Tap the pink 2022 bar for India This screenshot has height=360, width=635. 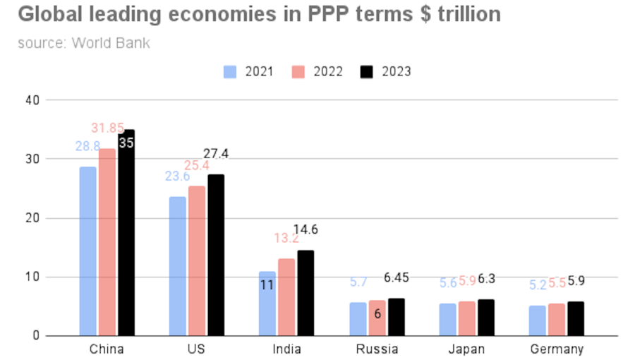(x=286, y=296)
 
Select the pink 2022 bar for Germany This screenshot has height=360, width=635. (x=557, y=319)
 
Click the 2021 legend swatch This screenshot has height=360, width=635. (x=230, y=71)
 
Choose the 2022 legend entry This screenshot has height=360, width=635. (x=318, y=71)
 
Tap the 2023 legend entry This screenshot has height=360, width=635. (x=386, y=71)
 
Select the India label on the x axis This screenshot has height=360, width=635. (x=286, y=349)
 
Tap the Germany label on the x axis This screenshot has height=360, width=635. (x=557, y=349)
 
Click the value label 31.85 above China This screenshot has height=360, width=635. (x=107, y=128)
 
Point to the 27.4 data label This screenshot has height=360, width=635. (x=216, y=154)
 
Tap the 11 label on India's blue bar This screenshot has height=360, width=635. (x=267, y=286)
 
